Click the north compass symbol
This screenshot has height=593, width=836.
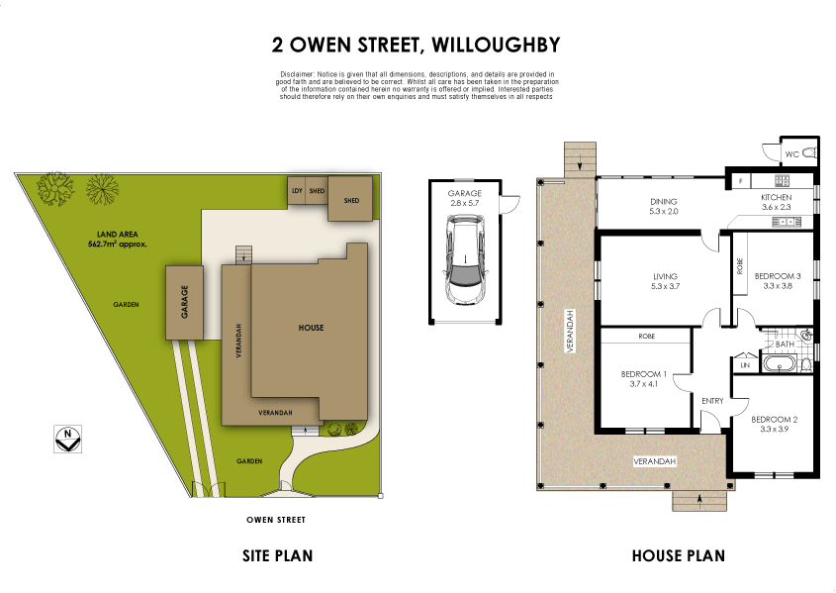click(67, 439)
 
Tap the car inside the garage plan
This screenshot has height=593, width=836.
click(464, 261)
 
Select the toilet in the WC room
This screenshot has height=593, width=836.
click(809, 153)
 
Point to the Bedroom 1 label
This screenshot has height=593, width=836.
click(644, 374)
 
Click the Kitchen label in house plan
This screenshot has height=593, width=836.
click(776, 198)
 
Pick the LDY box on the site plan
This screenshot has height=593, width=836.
click(296, 191)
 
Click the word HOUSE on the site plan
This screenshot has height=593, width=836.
click(311, 328)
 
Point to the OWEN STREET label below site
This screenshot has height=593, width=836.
click(276, 520)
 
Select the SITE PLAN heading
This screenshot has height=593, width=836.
click(278, 556)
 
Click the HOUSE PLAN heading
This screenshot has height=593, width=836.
click(678, 556)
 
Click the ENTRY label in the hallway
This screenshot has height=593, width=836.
click(712, 401)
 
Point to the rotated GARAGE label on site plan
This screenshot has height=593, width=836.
click(184, 301)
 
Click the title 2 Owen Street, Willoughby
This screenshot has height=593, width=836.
click(417, 45)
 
